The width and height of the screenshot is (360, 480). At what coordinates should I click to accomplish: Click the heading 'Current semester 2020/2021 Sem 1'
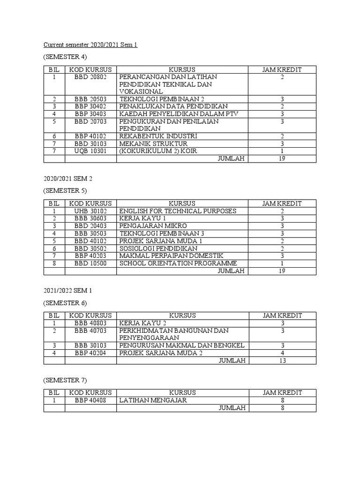pos(90,45)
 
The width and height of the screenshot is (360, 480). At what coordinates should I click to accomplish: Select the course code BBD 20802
pos(90,77)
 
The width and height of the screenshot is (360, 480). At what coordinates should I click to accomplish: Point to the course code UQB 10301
pos(90,151)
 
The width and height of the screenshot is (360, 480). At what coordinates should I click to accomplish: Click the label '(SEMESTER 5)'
pos(65,191)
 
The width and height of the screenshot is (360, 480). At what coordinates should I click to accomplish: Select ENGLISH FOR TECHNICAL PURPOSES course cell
pos(178,211)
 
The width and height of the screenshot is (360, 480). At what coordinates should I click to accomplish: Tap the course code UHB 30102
pos(90,211)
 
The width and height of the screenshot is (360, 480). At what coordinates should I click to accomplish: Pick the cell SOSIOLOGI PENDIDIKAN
pos(158,248)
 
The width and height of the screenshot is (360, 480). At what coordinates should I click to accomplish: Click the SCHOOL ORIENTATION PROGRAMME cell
pos(178,263)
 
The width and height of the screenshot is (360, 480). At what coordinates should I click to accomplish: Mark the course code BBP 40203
pos(90,256)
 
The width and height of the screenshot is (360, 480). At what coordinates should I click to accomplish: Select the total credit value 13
pos(282,360)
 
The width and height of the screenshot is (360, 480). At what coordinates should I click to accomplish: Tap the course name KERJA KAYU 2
pos(143,323)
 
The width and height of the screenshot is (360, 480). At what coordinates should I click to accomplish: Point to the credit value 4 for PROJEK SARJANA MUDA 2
pos(282,353)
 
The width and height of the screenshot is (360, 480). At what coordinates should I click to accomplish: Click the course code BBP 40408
pos(90,400)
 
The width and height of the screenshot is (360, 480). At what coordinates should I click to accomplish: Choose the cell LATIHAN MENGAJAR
pos(153,400)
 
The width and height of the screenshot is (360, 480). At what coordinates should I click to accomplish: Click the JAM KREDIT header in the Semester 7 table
pos(282,393)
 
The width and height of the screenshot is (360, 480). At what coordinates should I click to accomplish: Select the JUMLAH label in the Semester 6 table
pos(232,360)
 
